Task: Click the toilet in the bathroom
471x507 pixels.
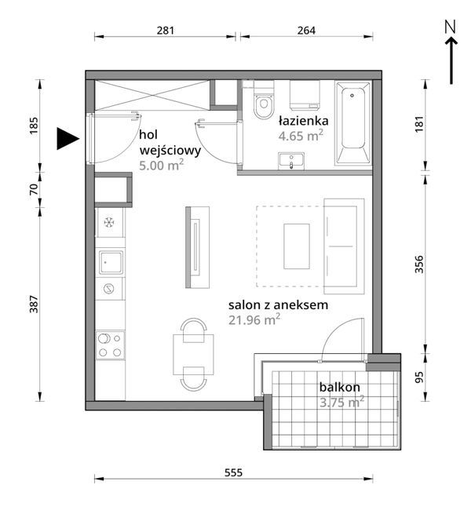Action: pyautogui.click(x=264, y=100)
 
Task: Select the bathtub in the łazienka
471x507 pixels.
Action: pyautogui.click(x=353, y=123)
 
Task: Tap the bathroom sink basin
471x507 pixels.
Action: pyautogui.click(x=291, y=161)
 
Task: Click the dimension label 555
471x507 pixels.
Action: pyautogui.click(x=233, y=472)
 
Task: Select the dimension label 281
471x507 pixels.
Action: pyautogui.click(x=166, y=31)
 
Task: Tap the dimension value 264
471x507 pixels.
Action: pyautogui.click(x=306, y=31)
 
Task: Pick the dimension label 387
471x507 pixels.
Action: pyautogui.click(x=34, y=304)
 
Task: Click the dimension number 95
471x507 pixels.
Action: pyautogui.click(x=419, y=378)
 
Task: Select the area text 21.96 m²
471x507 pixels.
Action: pyautogui.click(x=254, y=319)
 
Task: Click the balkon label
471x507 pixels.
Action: pyautogui.click(x=339, y=387)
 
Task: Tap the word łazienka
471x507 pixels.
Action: pyautogui.click(x=304, y=121)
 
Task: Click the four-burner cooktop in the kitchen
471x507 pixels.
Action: pyautogui.click(x=110, y=345)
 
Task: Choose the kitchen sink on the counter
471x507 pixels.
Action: pyautogui.click(x=111, y=263)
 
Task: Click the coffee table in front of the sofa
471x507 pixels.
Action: pyautogui.click(x=297, y=246)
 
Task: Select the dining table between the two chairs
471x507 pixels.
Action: pyautogui.click(x=193, y=355)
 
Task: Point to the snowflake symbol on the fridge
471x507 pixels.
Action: pyautogui.click(x=109, y=222)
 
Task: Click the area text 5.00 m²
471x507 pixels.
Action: pyautogui.click(x=162, y=166)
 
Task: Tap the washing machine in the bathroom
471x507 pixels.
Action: pyautogui.click(x=305, y=95)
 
